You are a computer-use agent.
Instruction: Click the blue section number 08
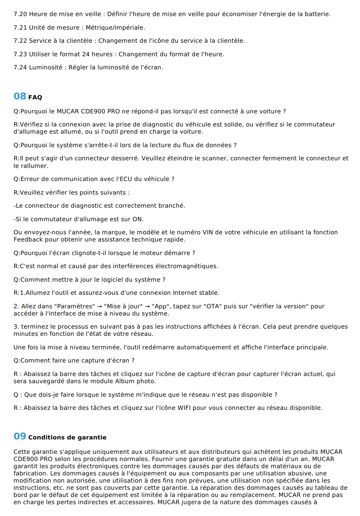click(x=20, y=96)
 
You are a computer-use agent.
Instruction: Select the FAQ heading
click(x=35, y=97)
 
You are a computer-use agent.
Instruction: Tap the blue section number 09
click(x=20, y=436)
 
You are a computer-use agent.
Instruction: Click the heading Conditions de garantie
click(x=67, y=437)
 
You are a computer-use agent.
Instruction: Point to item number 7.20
click(x=20, y=14)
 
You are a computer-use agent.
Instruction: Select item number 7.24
click(x=20, y=67)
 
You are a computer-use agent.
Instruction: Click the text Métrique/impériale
click(x=115, y=27)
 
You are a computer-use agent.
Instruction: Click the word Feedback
click(x=28, y=239)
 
